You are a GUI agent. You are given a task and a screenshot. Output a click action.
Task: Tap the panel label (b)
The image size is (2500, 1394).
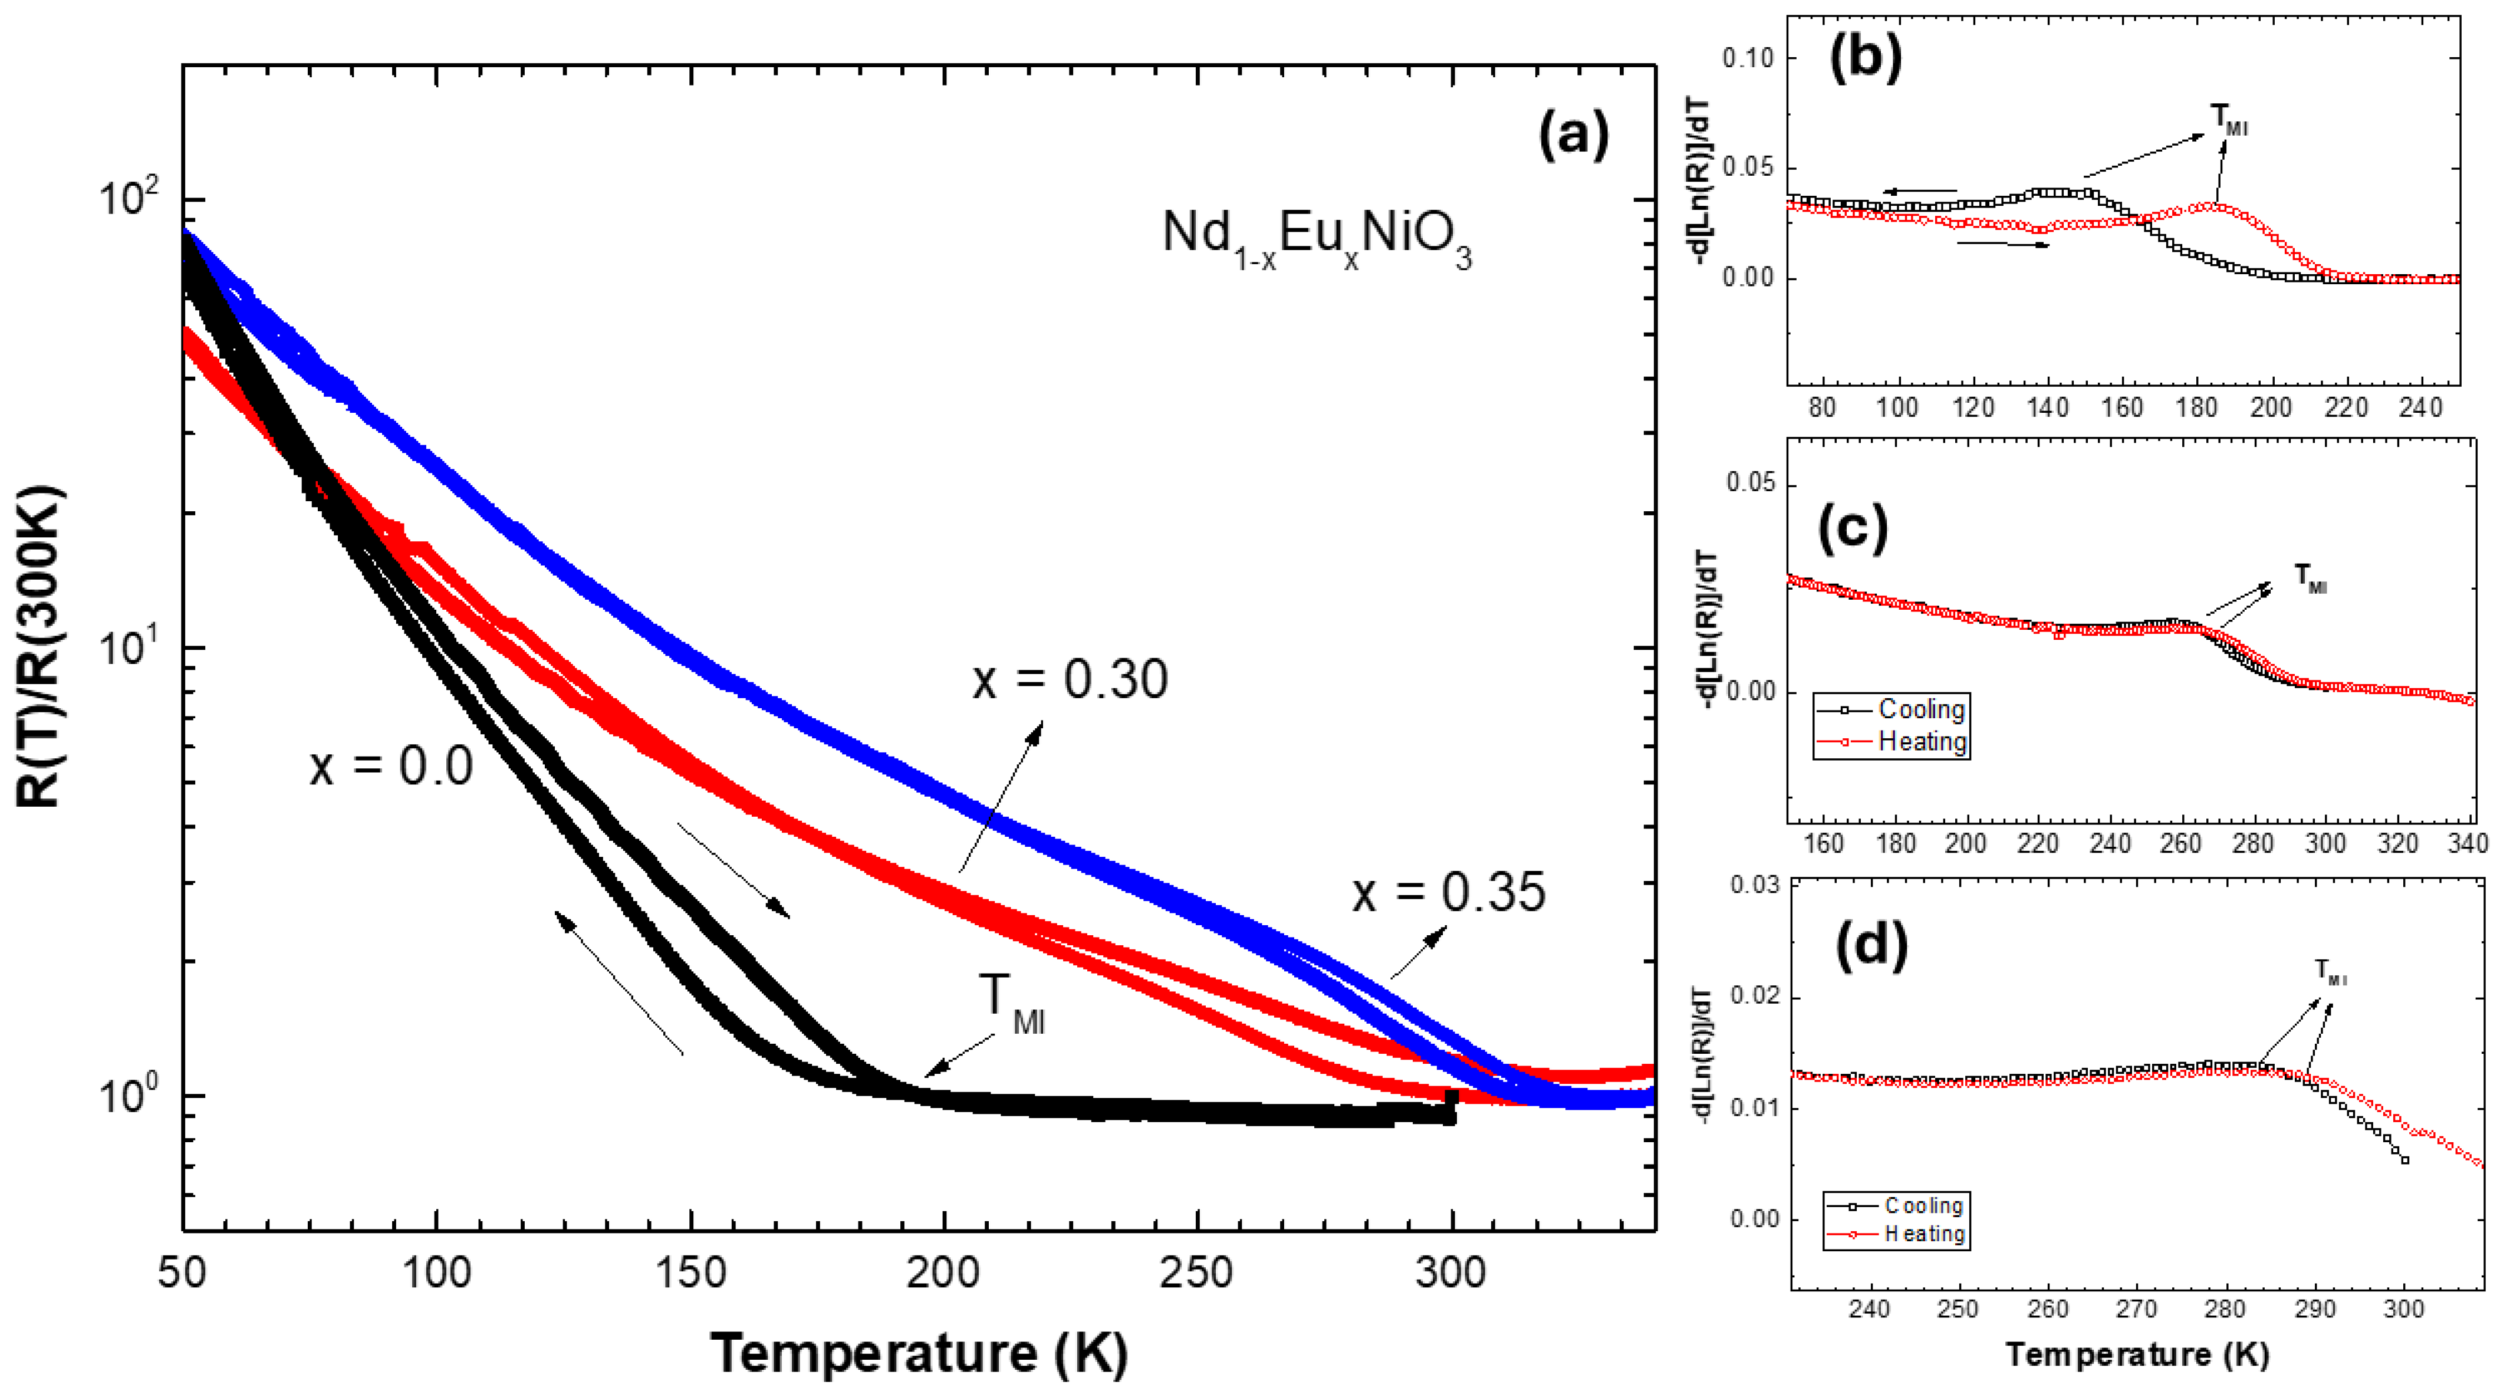coord(1866,58)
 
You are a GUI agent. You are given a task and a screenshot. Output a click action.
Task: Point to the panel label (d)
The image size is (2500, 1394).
coord(1871,945)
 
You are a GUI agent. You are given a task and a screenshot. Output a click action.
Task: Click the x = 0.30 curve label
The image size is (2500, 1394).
coord(1070,679)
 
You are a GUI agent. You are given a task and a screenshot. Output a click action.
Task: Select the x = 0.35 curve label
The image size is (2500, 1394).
coord(1448,892)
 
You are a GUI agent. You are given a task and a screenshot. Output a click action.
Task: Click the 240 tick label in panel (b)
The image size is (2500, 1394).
coord(2420,407)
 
